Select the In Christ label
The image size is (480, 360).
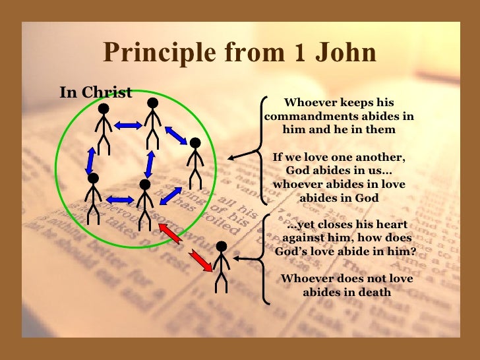click(x=96, y=92)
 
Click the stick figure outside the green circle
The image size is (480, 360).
click(x=222, y=266)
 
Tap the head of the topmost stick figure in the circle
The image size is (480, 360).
click(x=152, y=102)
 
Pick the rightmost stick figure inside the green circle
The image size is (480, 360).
click(x=195, y=162)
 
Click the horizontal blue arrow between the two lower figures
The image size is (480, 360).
click(x=119, y=198)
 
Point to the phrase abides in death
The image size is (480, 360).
click(x=347, y=291)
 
